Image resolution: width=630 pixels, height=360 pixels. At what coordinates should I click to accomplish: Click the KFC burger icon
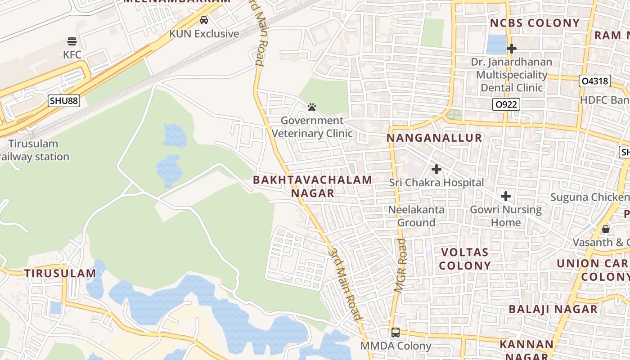click(x=72, y=41)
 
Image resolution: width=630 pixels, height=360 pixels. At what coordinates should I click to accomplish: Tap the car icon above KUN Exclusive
click(x=204, y=20)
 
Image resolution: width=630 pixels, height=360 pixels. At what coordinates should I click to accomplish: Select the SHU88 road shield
click(x=64, y=101)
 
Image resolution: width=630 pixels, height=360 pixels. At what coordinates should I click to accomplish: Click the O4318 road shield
click(x=594, y=81)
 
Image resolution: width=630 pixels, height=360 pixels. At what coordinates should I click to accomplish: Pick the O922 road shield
click(x=506, y=105)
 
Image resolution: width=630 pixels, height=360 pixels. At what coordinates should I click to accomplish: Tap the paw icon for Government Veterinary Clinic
click(x=312, y=107)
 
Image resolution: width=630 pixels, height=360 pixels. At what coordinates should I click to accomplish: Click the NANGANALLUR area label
click(x=435, y=138)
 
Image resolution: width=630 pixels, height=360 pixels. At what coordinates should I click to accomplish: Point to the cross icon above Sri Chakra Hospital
click(x=436, y=169)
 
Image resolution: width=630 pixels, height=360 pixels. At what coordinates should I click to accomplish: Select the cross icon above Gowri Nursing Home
click(x=506, y=196)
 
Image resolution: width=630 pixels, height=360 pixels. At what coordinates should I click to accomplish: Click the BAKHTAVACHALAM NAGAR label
click(x=313, y=186)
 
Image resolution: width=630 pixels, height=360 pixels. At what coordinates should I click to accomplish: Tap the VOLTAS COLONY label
click(x=465, y=259)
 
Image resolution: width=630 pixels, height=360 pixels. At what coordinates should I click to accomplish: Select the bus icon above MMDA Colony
click(x=396, y=333)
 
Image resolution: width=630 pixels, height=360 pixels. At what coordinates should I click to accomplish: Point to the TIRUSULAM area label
click(x=60, y=273)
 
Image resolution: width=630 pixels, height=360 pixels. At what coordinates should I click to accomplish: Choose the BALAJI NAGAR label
click(x=553, y=309)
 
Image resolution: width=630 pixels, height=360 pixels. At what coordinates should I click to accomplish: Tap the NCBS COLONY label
click(x=535, y=23)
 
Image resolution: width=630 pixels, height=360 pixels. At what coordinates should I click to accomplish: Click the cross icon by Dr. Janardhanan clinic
click(x=511, y=48)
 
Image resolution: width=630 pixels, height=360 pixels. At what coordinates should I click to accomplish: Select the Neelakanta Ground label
click(x=416, y=216)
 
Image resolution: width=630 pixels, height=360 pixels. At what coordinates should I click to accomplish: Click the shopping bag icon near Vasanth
click(x=606, y=229)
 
